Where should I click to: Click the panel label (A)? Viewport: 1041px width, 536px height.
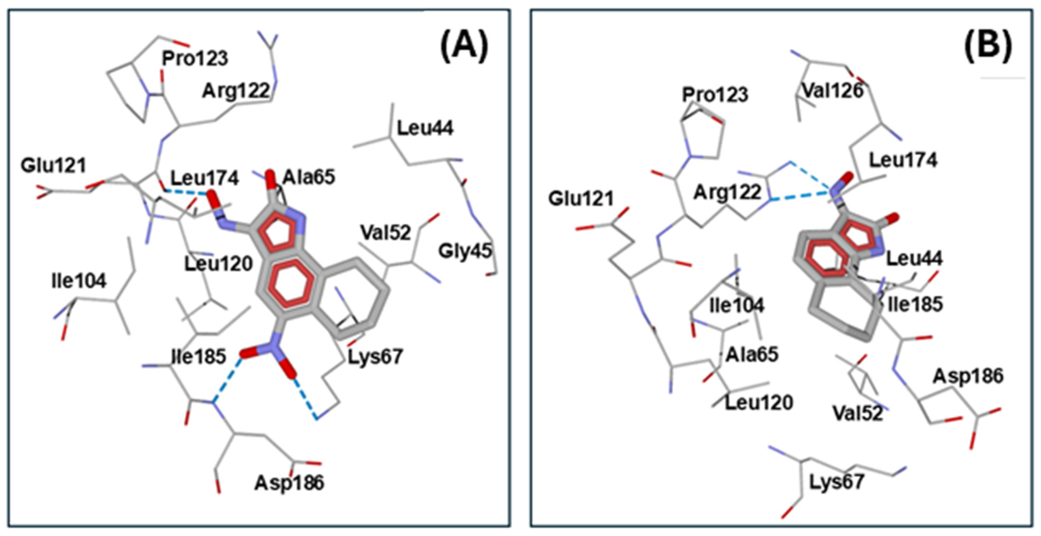(x=464, y=47)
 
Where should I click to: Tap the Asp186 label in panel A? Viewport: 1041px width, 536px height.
(x=289, y=483)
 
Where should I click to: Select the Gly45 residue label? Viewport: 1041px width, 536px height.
(x=465, y=251)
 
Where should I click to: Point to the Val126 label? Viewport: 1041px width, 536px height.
(x=833, y=91)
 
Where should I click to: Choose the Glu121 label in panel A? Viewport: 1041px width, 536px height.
(x=54, y=166)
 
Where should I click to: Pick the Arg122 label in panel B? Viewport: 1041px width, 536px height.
(x=727, y=193)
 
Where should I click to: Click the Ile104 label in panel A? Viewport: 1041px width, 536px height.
(x=79, y=281)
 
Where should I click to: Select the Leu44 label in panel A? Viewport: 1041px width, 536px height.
(x=425, y=128)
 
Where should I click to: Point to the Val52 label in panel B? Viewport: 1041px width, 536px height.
(x=858, y=413)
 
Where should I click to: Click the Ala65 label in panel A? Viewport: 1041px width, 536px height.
(x=309, y=177)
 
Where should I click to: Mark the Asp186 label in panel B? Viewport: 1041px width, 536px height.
(x=968, y=376)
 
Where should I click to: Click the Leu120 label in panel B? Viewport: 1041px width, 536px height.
(x=759, y=402)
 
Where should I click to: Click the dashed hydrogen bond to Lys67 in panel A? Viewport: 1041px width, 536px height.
(x=306, y=398)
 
